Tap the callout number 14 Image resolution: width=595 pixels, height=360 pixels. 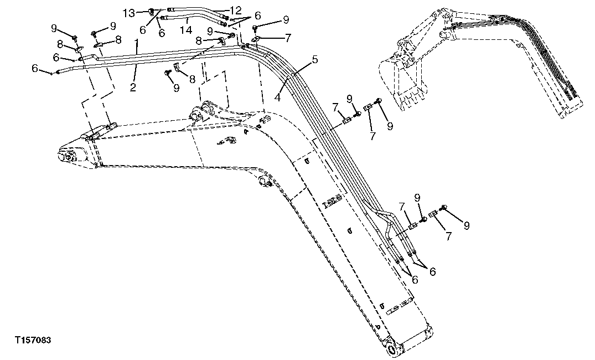[188, 28]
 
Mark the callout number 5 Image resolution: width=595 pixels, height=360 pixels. [314, 59]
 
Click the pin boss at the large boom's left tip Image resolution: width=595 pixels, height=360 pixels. [67, 157]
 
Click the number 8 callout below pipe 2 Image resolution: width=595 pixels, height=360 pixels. [192, 79]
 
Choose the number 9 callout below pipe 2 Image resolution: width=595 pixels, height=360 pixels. [177, 88]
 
